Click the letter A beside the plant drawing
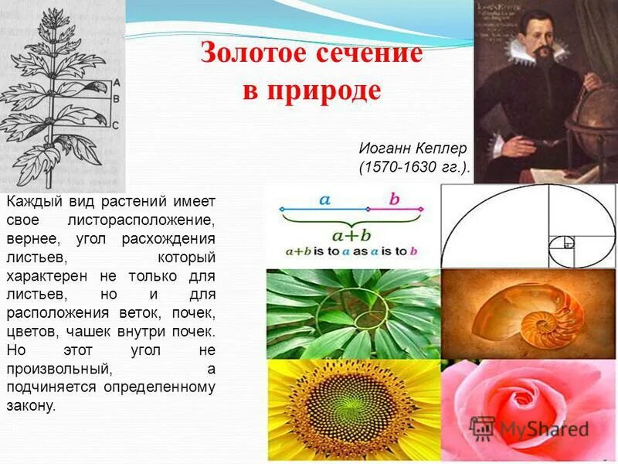click(116, 81)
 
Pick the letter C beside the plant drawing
click(116, 125)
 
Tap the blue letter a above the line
click(324, 200)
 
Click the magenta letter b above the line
click(394, 200)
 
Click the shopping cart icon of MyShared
click(482, 428)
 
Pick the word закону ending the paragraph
click(31, 404)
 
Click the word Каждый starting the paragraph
click(29, 201)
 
